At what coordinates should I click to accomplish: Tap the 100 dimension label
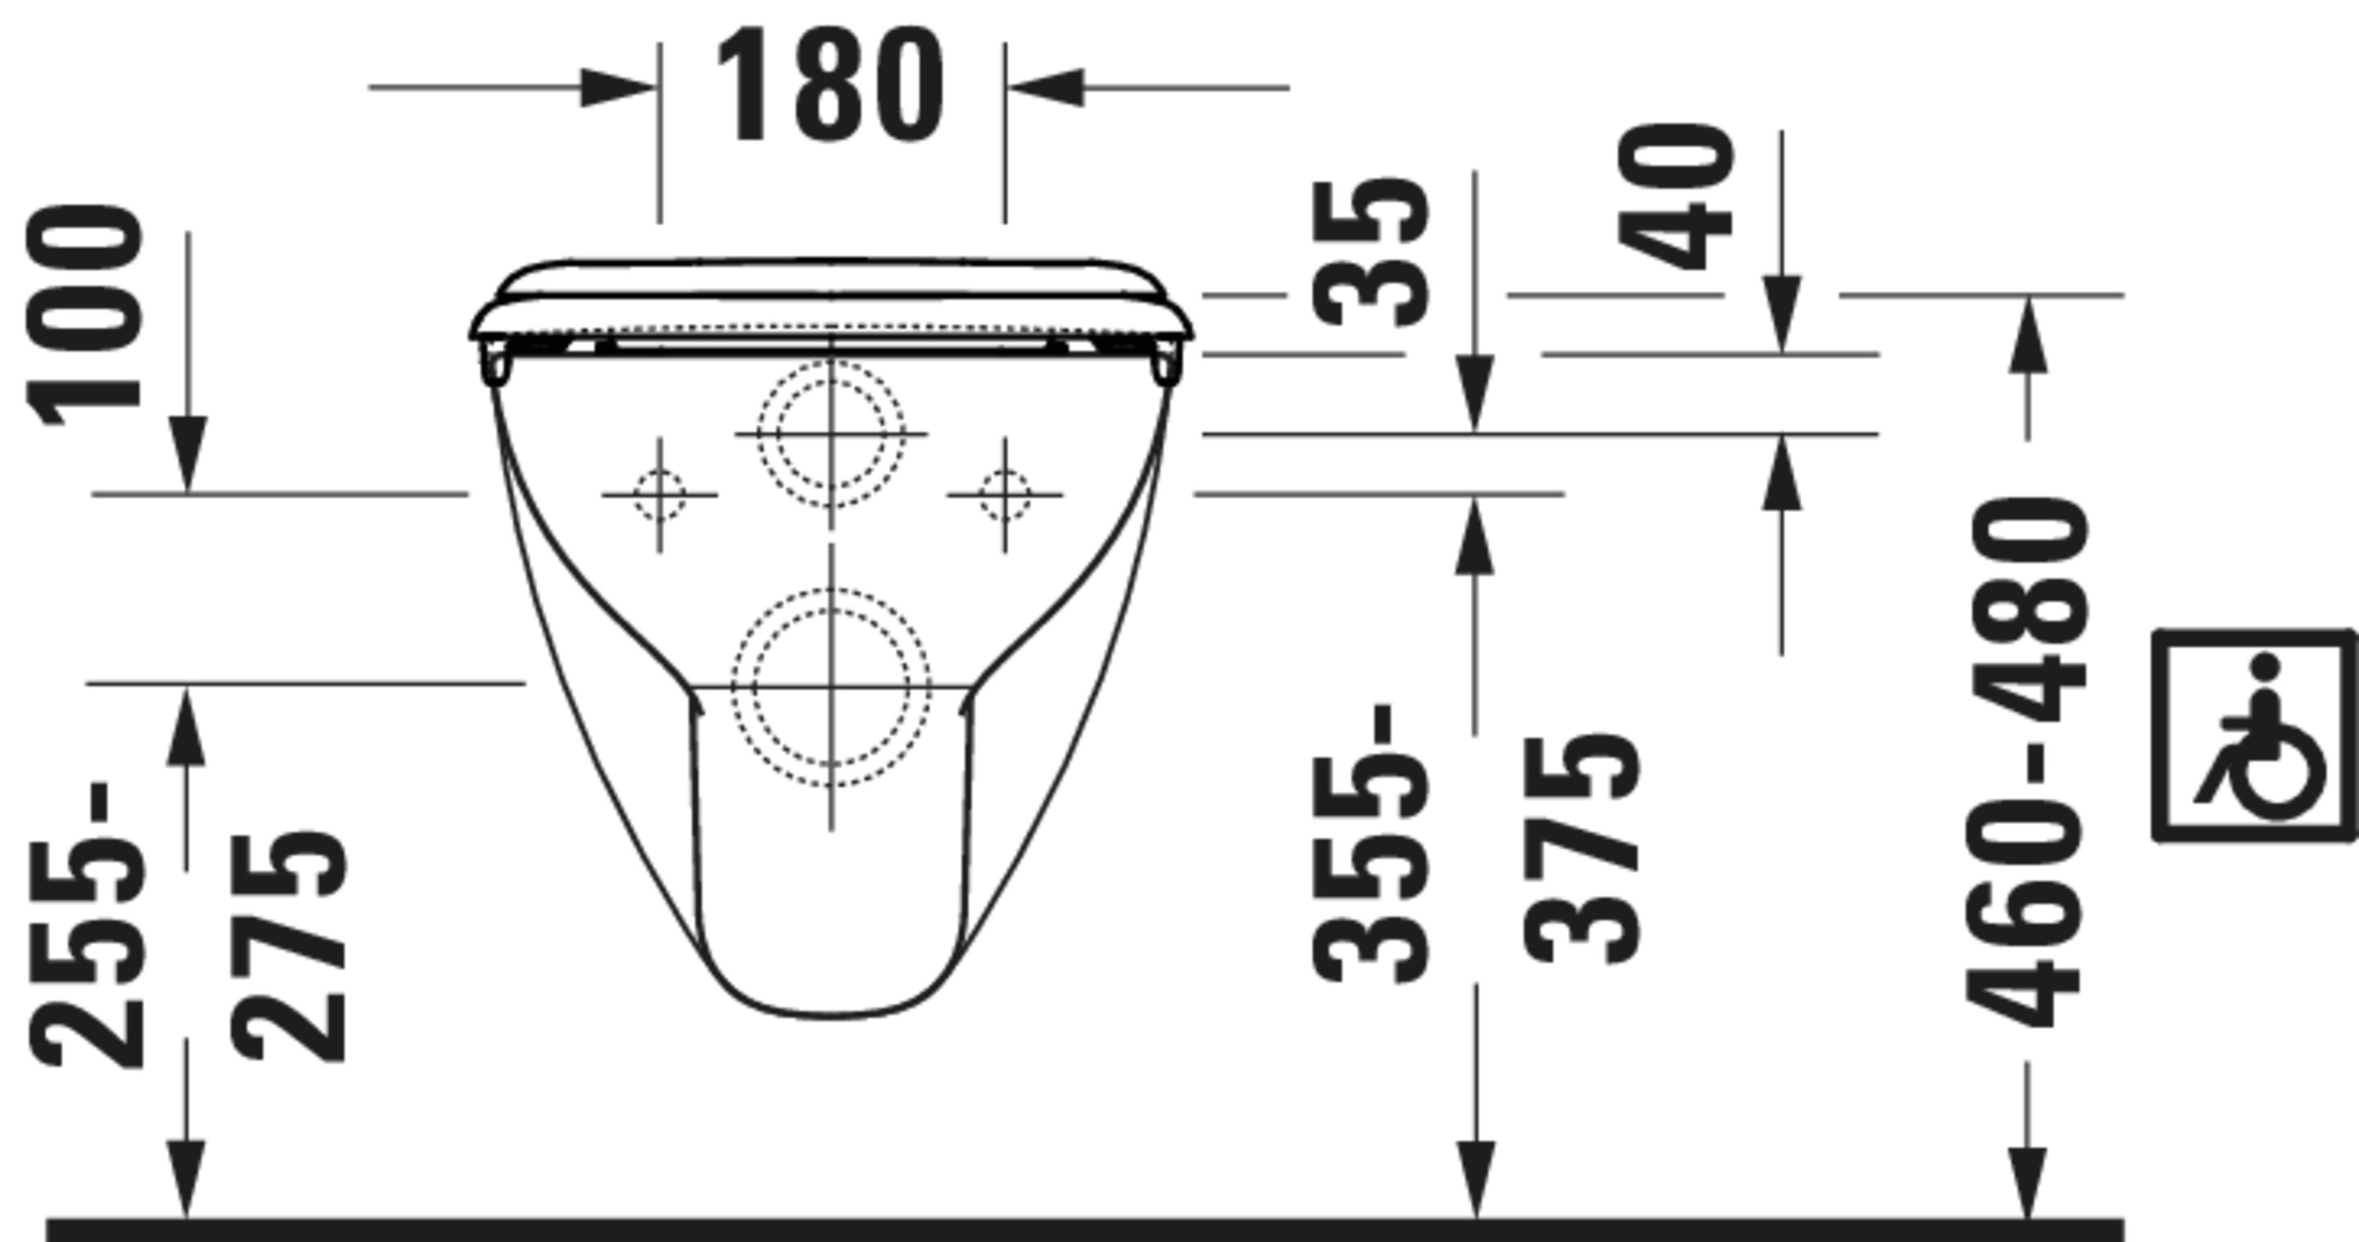pyautogui.click(x=84, y=316)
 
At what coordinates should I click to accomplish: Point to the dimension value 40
pyautogui.click(x=1676, y=197)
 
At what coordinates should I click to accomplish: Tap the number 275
pyautogui.click(x=289, y=948)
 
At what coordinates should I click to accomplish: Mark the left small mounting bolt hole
pyautogui.click(x=660, y=495)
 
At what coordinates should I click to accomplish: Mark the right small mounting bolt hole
pyautogui.click(x=1005, y=495)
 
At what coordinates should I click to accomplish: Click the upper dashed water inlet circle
pyautogui.click(x=831, y=433)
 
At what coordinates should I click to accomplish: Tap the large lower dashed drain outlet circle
pyautogui.click(x=831, y=686)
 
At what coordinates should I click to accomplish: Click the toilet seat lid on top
pyautogui.click(x=831, y=279)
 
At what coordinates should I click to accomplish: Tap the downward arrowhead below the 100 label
pyautogui.click(x=188, y=453)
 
